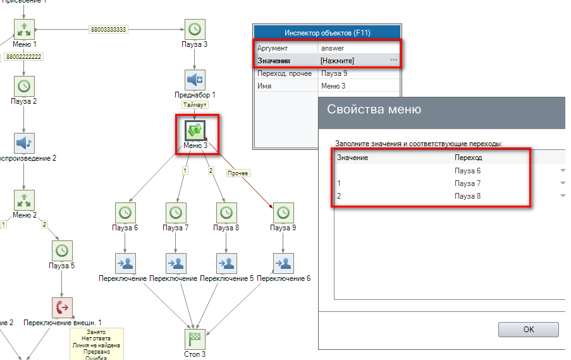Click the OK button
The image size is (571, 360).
[x=528, y=329]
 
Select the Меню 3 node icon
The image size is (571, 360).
[x=195, y=130]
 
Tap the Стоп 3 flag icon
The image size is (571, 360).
[x=195, y=339]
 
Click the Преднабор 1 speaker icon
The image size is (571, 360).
[x=195, y=80]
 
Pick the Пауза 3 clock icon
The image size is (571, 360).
[x=195, y=29]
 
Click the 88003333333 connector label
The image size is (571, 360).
[x=108, y=29]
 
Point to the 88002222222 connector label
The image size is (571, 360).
[x=24, y=57]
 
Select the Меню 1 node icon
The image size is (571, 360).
[x=24, y=29]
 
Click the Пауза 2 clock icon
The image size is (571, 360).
[x=24, y=85]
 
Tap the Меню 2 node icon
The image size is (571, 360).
[x=24, y=200]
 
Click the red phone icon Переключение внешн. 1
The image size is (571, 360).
[x=62, y=307]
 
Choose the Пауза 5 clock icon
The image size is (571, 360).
[x=62, y=251]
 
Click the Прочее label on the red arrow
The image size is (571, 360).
[x=238, y=173]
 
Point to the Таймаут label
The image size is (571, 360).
[x=195, y=104]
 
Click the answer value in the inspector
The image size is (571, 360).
[x=333, y=48]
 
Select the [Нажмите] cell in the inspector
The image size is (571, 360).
[x=338, y=61]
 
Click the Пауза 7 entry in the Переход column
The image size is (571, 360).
[x=468, y=183]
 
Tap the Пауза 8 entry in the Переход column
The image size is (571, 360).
[x=468, y=196]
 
